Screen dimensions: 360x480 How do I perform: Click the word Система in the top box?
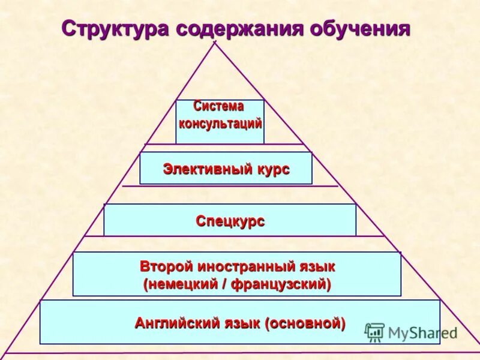(x=218, y=106)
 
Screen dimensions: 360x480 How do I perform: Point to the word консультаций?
(x=220, y=124)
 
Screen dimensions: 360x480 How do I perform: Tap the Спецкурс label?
(x=230, y=221)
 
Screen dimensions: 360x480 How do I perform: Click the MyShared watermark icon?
(x=374, y=332)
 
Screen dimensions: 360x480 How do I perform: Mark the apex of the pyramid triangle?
(x=214, y=42)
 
